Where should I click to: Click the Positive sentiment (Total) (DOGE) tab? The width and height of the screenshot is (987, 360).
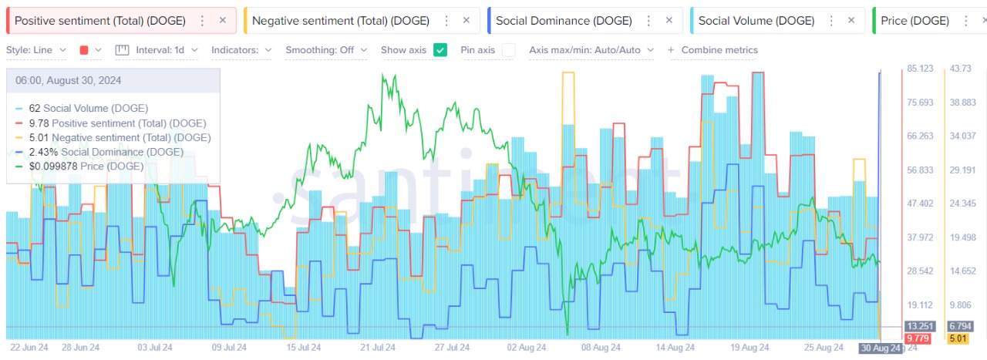pyautogui.click(x=99, y=21)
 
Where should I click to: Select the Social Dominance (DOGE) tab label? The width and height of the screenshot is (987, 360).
pyautogui.click(x=563, y=21)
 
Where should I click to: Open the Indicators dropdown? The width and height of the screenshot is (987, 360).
pyautogui.click(x=241, y=50)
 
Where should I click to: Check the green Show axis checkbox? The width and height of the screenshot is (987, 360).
pyautogui.click(x=440, y=50)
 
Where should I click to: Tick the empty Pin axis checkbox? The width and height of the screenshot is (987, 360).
pyautogui.click(x=508, y=50)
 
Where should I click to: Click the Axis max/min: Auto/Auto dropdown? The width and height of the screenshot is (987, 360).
pyautogui.click(x=591, y=50)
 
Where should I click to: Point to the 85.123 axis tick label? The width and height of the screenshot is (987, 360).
pyautogui.click(x=921, y=69)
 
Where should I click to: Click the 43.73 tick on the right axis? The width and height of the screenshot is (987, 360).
pyautogui.click(x=964, y=69)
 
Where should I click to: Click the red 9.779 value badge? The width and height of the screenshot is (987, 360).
pyautogui.click(x=918, y=338)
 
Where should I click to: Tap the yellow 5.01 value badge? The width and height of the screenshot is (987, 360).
pyautogui.click(x=958, y=338)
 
